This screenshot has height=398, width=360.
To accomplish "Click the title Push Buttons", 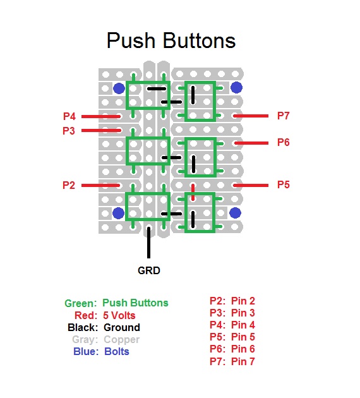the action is tap(171, 40).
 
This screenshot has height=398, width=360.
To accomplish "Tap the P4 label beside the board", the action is tap(69, 116).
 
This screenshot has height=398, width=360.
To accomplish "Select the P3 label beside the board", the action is tap(69, 131).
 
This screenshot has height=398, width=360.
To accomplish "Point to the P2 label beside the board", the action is tap(69, 185).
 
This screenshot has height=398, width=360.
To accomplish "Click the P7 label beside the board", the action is tap(284, 116).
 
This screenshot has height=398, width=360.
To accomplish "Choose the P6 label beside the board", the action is tap(284, 142).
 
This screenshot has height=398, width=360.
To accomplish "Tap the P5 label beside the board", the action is tap(284, 184).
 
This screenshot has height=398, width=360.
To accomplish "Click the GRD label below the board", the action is tap(149, 270).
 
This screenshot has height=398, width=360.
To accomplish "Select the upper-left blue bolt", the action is tap(119, 88).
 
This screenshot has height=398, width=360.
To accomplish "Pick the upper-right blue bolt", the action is tap(236, 88).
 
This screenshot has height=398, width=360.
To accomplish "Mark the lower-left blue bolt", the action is tap(118, 213).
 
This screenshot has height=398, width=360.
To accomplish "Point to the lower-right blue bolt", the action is tap(235, 213).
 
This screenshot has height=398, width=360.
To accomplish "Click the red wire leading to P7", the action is tap(251, 116).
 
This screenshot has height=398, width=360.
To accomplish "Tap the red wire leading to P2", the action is tap(100, 186).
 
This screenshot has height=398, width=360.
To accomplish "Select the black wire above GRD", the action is tap(148, 243).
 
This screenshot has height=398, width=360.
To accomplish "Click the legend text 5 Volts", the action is tap(119, 315).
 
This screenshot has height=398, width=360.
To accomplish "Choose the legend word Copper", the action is tap(121, 340).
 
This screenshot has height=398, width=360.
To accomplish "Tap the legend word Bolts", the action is tap(117, 351).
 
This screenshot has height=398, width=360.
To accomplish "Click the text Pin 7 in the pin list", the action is tap(243, 361).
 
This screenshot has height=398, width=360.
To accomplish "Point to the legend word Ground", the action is tap(122, 327).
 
